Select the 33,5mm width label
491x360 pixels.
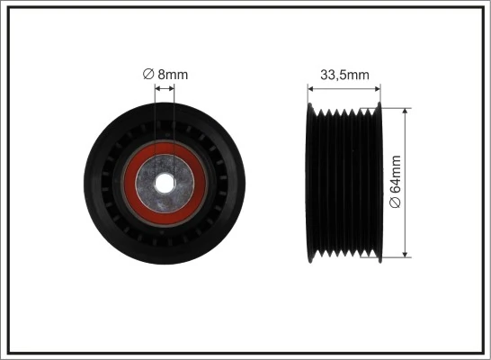click(344, 75)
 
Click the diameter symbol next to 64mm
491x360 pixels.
click(397, 206)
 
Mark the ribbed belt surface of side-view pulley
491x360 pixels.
click(344, 183)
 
